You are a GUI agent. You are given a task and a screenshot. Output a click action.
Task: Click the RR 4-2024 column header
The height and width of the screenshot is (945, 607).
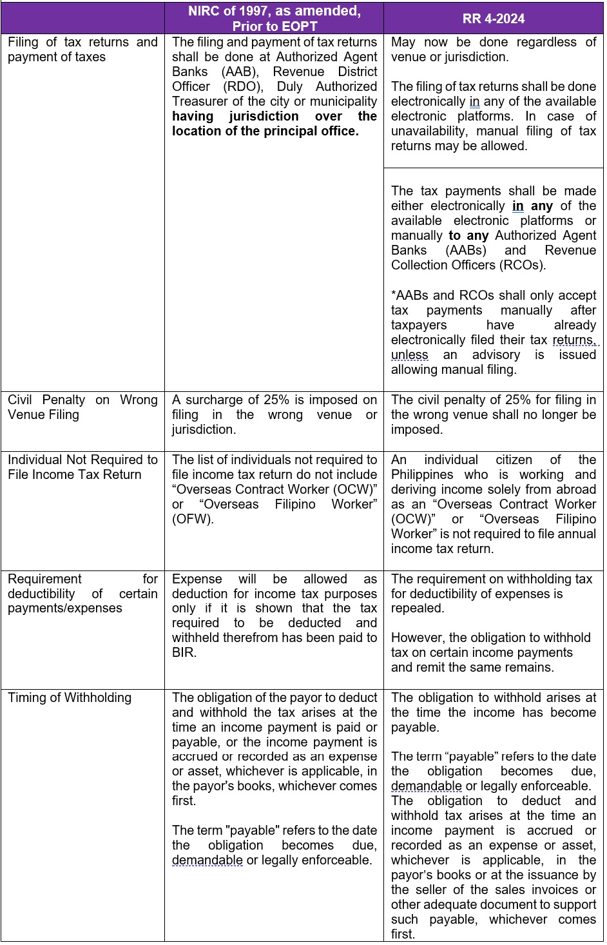(x=494, y=18)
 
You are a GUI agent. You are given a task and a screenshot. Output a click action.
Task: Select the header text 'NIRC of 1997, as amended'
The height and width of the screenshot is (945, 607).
(x=275, y=11)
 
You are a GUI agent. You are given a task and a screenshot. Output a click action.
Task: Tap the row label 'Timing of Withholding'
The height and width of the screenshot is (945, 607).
(x=70, y=697)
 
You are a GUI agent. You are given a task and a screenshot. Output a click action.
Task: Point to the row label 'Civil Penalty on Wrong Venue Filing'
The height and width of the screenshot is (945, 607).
(x=82, y=407)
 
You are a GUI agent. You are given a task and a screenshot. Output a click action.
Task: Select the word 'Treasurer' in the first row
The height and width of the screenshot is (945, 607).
(x=200, y=101)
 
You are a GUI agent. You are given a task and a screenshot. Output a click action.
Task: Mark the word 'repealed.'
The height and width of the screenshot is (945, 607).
(x=418, y=608)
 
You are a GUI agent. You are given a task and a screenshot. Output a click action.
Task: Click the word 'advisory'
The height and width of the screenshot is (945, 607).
(x=496, y=355)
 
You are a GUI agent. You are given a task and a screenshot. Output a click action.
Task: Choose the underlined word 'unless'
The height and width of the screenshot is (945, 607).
(x=409, y=355)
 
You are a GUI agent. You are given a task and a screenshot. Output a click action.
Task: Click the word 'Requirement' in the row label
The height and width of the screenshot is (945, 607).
(x=45, y=579)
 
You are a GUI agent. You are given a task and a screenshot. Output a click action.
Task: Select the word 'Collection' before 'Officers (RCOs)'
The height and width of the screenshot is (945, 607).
(x=421, y=265)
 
